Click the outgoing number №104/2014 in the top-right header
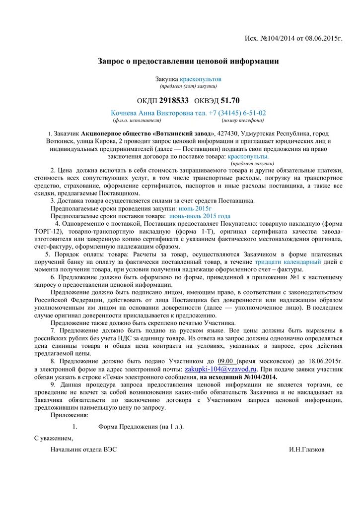point(282,39)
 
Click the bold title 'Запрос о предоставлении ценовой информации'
point(188,61)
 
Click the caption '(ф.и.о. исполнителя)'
point(137,120)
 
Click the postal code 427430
point(228,134)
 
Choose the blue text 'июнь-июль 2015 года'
point(200,216)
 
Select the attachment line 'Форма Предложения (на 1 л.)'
point(141,426)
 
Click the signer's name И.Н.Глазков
point(307,449)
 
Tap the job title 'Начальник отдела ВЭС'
point(84,449)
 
